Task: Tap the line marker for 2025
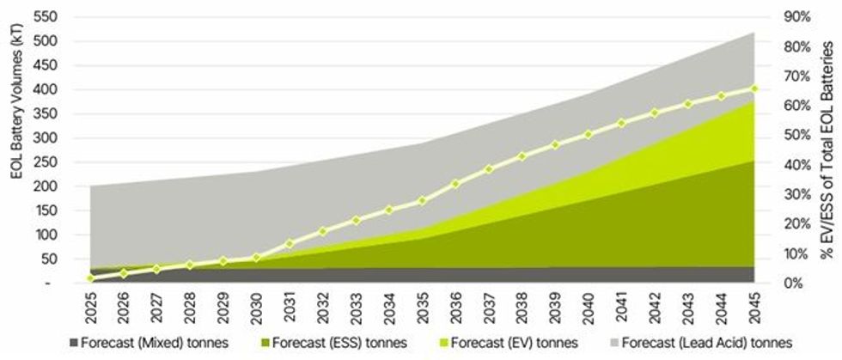click(90, 278)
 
